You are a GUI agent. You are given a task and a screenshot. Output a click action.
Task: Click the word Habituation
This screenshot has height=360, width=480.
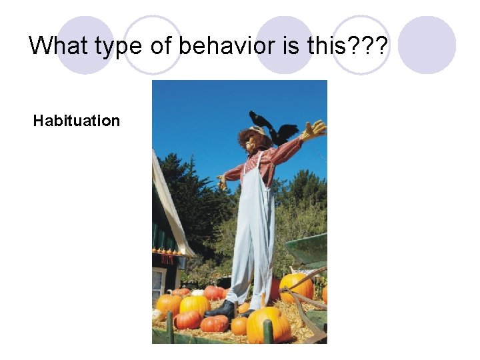point(77,121)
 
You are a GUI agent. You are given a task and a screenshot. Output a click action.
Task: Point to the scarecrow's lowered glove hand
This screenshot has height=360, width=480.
point(221,181)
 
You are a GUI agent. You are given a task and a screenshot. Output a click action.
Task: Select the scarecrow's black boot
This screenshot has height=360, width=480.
point(221,310)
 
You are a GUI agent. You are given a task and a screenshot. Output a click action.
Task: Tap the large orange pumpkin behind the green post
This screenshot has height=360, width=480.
point(268,324)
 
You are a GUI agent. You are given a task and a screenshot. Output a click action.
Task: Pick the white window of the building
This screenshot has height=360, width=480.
point(158,283)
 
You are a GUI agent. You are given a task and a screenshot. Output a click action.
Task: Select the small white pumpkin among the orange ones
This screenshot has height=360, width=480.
point(198,293)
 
